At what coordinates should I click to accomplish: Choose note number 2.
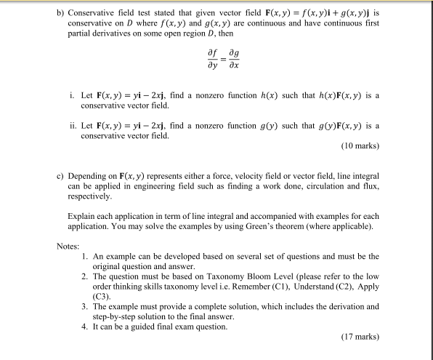click(x=86, y=278)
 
